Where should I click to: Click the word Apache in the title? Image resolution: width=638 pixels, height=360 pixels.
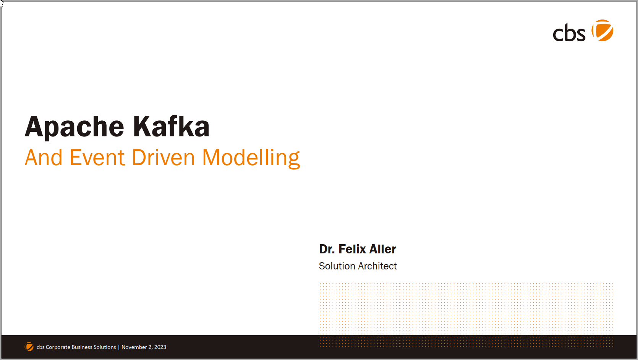pyautogui.click(x=74, y=127)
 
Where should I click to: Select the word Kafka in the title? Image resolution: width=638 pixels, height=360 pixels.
pyautogui.click(x=171, y=126)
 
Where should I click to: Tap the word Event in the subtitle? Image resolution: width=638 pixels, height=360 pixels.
pyautogui.click(x=97, y=157)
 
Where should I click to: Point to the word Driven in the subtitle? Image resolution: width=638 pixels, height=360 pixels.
pyautogui.click(x=163, y=157)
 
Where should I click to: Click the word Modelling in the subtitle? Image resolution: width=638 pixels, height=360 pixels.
pyautogui.click(x=251, y=158)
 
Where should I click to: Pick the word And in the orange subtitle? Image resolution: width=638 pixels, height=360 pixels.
pyautogui.click(x=44, y=157)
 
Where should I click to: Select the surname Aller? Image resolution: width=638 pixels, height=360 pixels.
pyautogui.click(x=382, y=249)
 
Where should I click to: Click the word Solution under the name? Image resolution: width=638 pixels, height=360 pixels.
pyautogui.click(x=337, y=266)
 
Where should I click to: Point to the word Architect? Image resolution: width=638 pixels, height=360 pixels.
pyautogui.click(x=377, y=266)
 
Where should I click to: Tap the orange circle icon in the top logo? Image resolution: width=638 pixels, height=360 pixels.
pyautogui.click(x=602, y=31)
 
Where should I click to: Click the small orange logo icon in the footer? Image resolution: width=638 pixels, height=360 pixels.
pyautogui.click(x=29, y=347)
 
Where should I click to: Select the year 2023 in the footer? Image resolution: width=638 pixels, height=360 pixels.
pyautogui.click(x=160, y=347)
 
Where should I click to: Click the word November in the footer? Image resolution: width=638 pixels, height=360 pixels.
pyautogui.click(x=134, y=347)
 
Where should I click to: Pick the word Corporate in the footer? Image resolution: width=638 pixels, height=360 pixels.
pyautogui.click(x=58, y=347)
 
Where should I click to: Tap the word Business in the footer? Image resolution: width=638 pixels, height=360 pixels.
pyautogui.click(x=82, y=347)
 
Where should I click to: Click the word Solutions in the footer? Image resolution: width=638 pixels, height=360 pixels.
pyautogui.click(x=105, y=347)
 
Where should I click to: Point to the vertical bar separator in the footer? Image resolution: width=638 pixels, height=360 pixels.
pyautogui.click(x=119, y=347)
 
